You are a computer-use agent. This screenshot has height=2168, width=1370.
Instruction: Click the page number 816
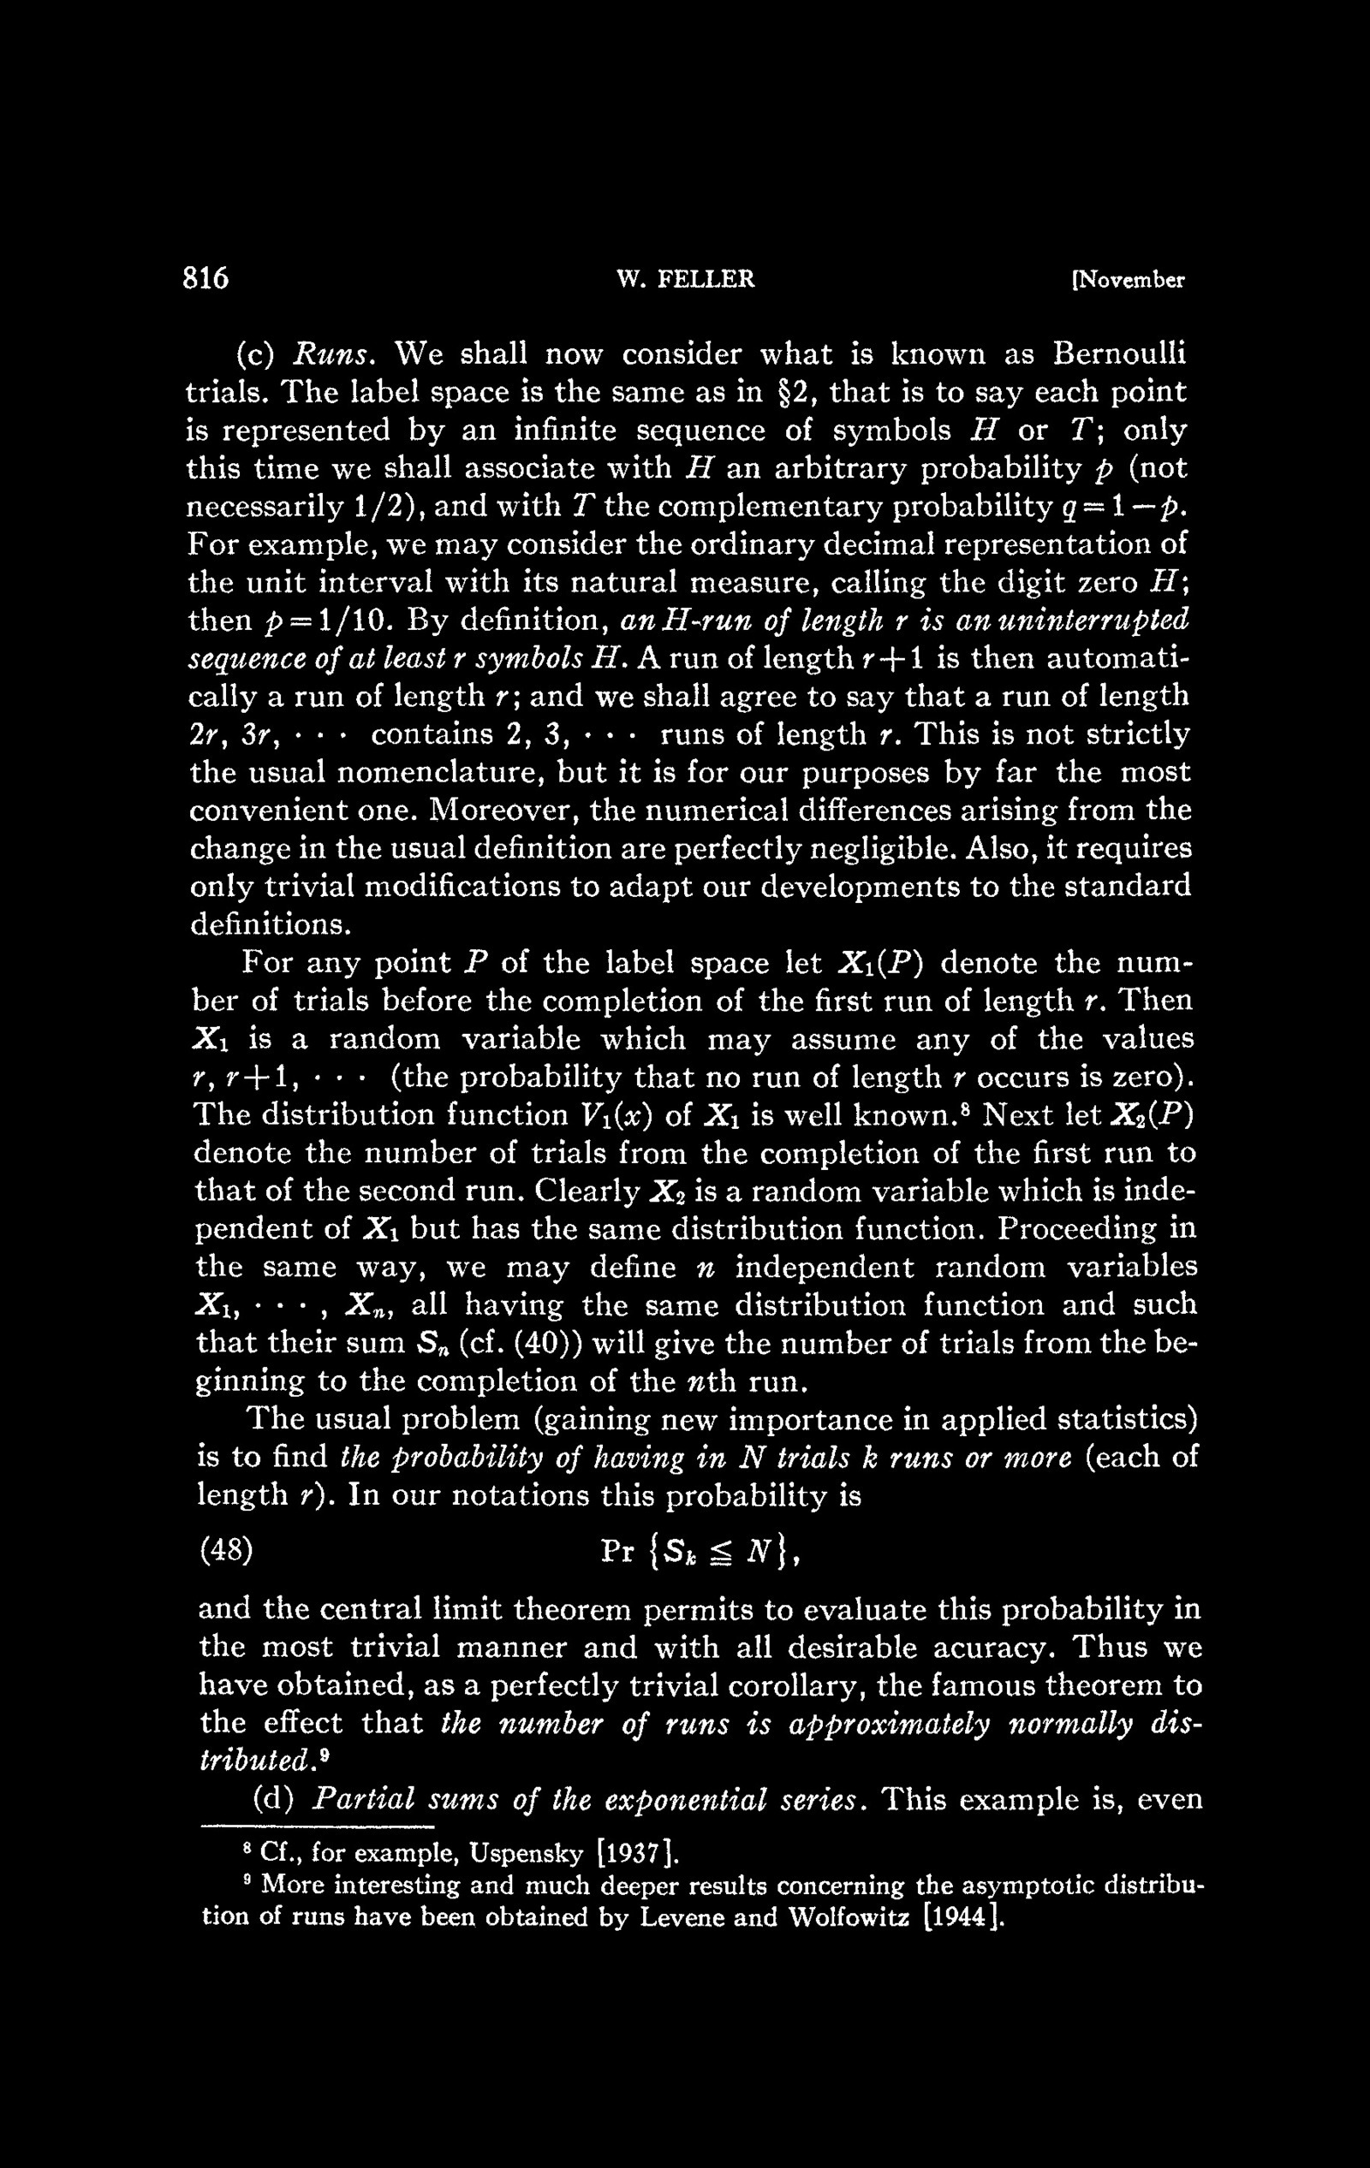click(x=206, y=279)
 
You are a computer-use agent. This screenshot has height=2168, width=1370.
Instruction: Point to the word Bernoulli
click(x=1120, y=353)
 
